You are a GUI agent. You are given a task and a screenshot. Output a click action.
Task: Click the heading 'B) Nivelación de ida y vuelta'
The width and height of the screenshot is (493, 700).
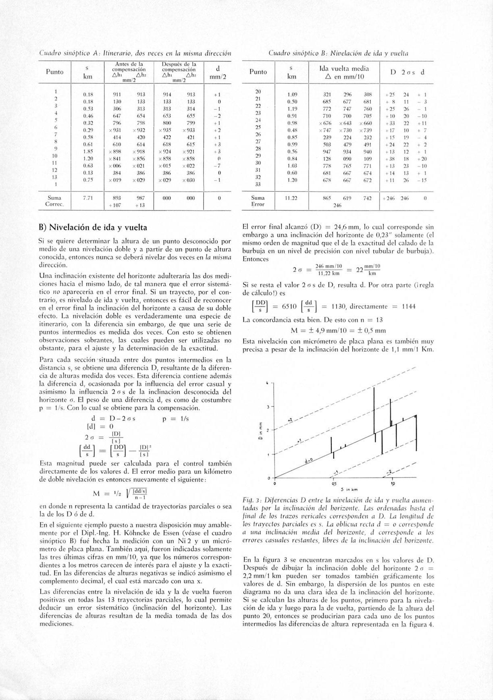point(93,227)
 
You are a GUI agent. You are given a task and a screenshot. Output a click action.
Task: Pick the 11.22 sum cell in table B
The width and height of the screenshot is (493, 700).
point(291,198)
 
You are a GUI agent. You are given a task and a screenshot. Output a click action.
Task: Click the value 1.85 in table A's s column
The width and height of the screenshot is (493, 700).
point(88,151)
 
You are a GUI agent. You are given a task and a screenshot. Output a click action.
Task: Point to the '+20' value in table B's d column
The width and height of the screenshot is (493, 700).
point(421,158)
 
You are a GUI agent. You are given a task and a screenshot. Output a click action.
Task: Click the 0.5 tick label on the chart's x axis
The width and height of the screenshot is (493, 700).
point(334,484)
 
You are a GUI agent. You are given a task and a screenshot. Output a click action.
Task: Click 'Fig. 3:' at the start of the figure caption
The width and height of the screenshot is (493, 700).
point(250,500)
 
